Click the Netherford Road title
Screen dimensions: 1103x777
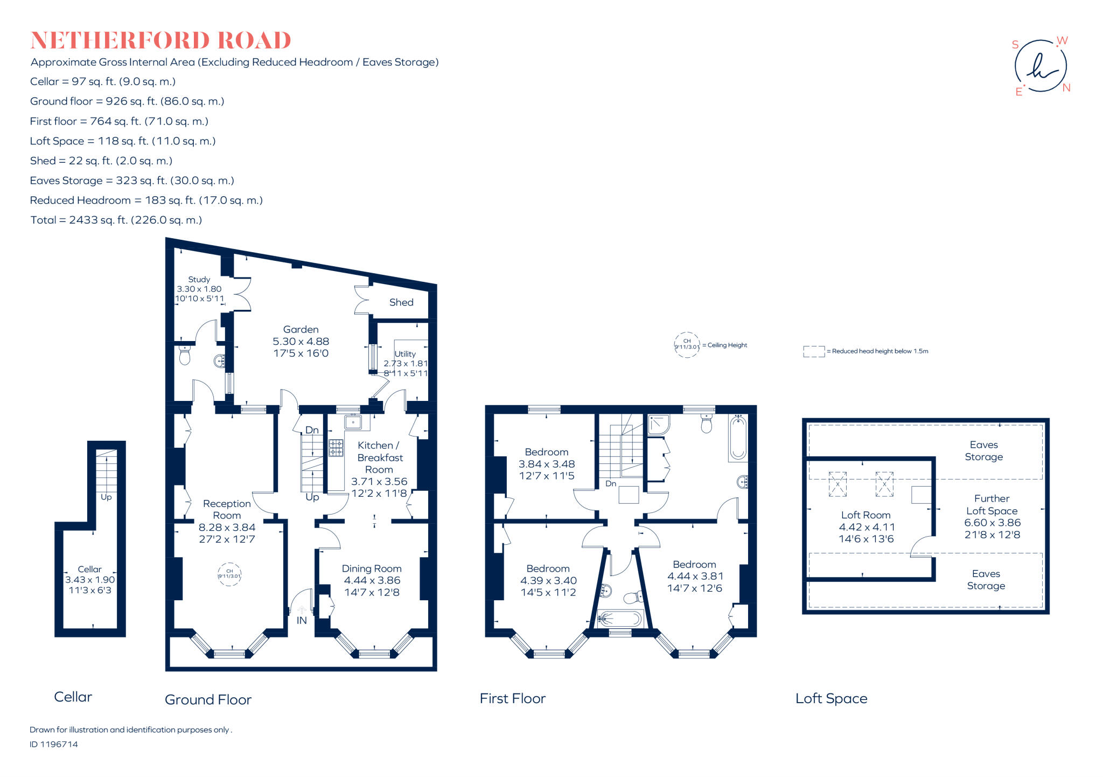point(160,40)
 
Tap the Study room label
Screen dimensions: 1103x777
point(199,279)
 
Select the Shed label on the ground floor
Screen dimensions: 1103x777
point(401,302)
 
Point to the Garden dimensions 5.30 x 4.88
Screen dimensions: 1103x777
point(301,341)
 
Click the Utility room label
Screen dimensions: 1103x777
point(405,353)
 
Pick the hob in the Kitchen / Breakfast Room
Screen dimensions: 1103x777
point(336,448)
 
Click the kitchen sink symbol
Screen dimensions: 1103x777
point(353,422)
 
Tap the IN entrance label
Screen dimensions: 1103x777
point(302,620)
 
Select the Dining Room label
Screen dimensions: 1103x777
point(372,568)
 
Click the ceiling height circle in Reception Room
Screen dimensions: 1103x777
point(229,574)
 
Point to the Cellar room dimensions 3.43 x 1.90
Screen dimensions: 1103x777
point(90,580)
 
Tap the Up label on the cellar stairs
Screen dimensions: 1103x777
point(106,497)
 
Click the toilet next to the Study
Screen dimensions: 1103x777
point(185,355)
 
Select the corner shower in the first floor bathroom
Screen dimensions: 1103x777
point(658,425)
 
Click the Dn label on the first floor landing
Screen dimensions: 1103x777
point(611,483)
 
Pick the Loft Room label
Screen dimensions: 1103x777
point(865,515)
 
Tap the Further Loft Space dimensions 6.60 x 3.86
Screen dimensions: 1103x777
point(992,523)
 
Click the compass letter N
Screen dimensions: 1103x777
point(1066,88)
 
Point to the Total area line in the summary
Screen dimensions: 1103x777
point(116,220)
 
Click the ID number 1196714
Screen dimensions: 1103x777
point(54,744)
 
